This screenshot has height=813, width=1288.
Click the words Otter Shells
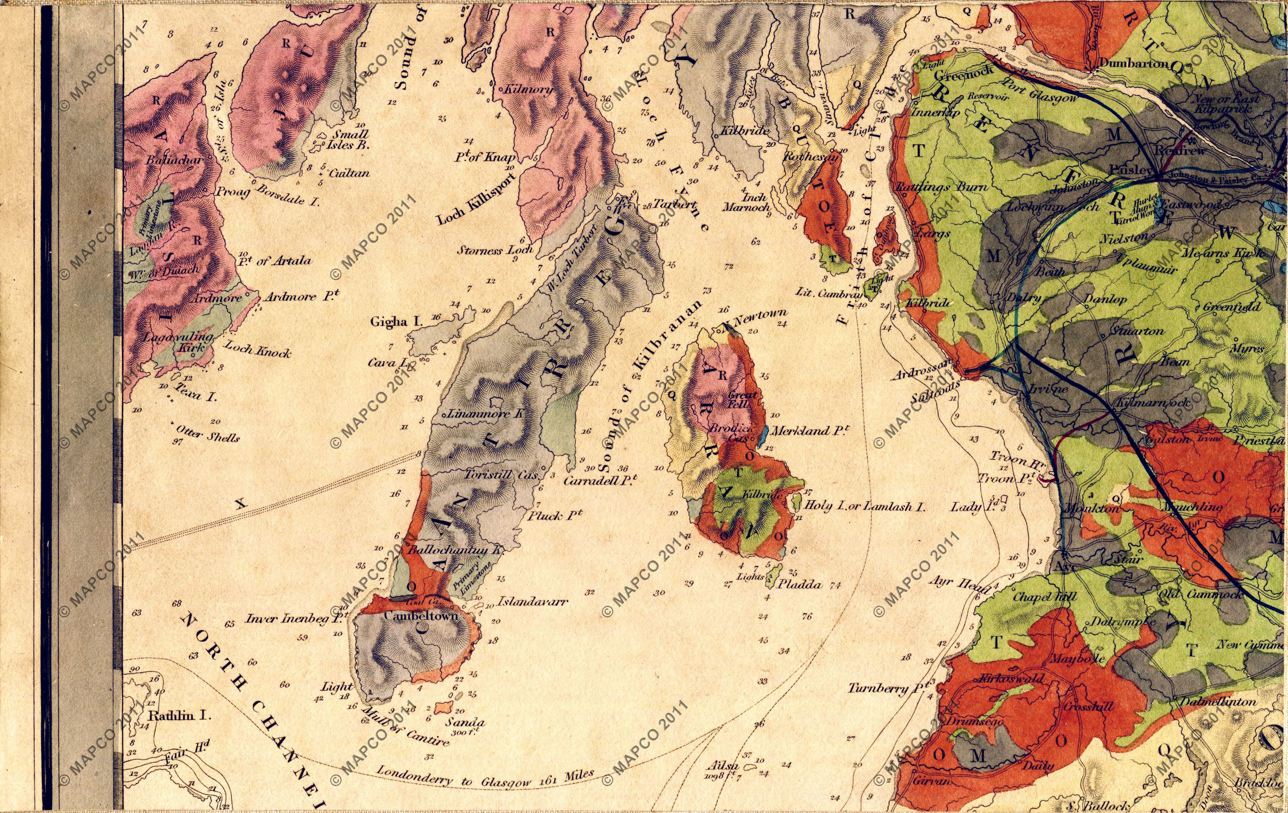pos(206,436)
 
